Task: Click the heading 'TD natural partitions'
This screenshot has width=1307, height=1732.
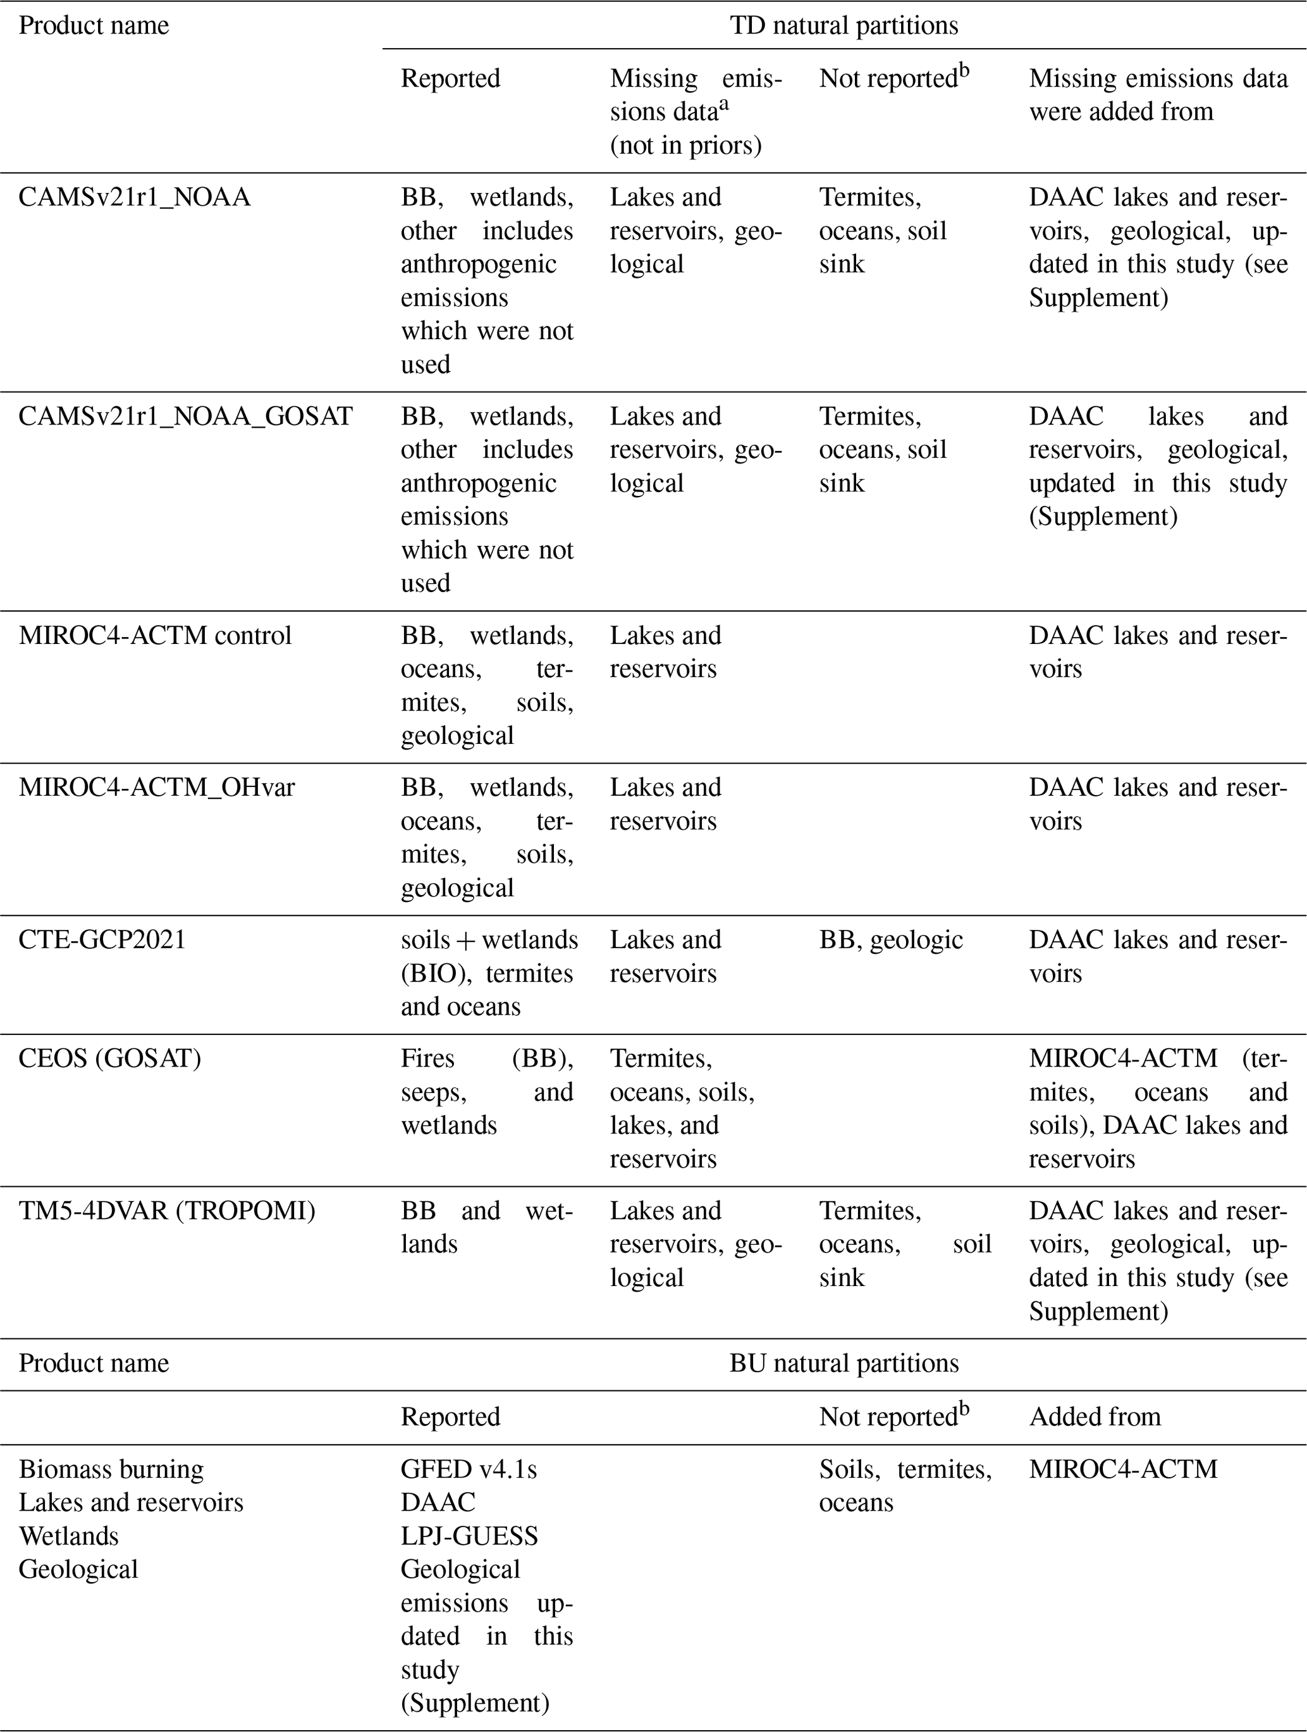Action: pos(844,25)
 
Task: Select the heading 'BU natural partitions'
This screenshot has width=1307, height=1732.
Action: pos(844,1363)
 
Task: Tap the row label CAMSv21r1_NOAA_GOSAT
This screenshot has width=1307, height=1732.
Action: pos(185,416)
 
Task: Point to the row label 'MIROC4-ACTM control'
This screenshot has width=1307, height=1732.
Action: pos(155,635)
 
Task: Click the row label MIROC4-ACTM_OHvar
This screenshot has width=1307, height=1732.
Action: pos(157,787)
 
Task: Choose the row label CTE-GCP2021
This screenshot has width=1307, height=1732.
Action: pos(102,939)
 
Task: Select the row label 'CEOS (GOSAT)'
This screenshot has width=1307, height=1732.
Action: pos(109,1058)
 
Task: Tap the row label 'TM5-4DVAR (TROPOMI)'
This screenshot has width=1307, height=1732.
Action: pos(167,1211)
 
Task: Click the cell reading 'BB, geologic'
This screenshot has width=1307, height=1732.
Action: pos(891,939)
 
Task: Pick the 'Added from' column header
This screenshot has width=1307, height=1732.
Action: pos(1094,1416)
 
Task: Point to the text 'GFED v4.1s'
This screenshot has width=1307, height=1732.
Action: pos(469,1469)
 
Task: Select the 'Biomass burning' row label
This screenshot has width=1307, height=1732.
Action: pos(111,1469)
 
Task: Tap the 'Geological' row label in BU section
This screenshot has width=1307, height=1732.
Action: pos(78,1569)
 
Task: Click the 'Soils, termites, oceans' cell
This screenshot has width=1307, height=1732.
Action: pos(905,1485)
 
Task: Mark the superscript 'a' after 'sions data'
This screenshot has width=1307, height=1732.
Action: pos(724,106)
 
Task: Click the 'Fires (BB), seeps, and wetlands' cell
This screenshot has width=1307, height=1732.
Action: pos(486,1091)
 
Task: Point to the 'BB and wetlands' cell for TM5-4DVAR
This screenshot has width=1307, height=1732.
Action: pos(486,1227)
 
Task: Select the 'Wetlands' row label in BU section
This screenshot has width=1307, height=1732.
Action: pos(69,1537)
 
